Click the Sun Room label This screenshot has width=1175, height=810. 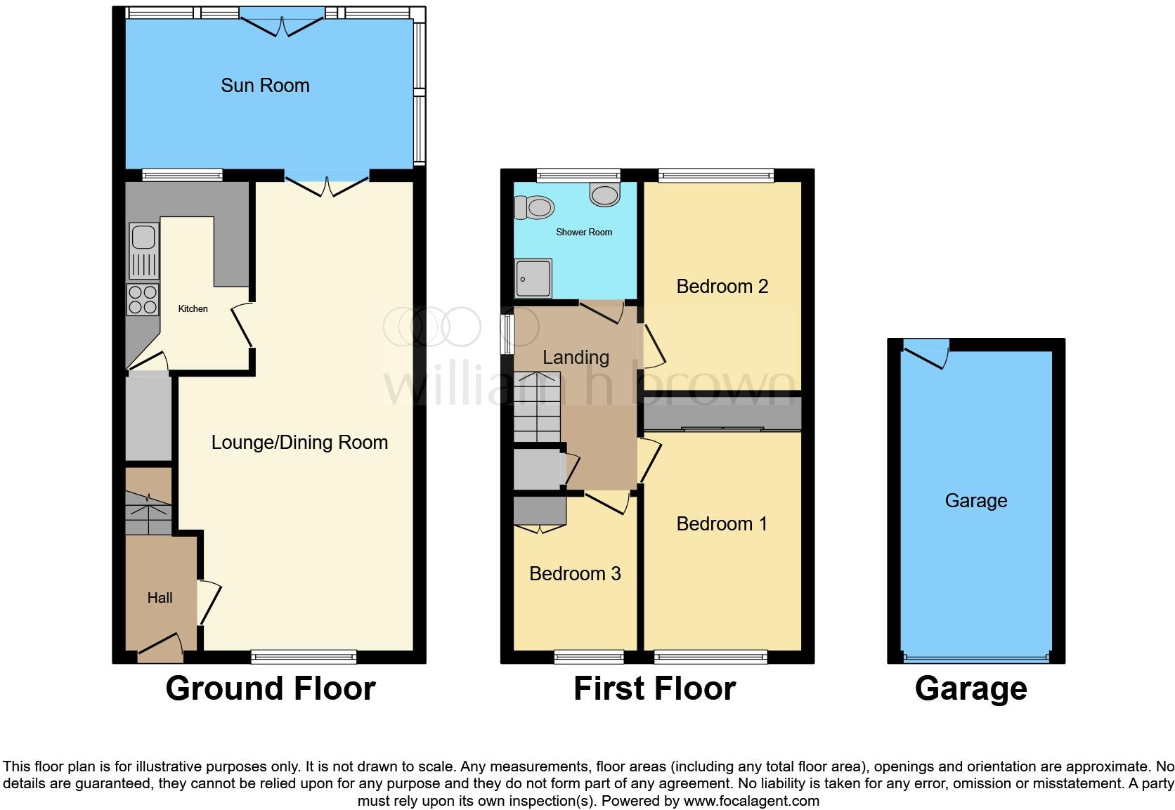click(x=265, y=86)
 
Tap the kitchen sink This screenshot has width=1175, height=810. click(x=143, y=237)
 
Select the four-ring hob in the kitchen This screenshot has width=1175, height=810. click(x=143, y=300)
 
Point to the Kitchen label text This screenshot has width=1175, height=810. click(x=193, y=308)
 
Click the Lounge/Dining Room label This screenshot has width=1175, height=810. click(x=299, y=443)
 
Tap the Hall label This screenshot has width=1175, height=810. click(x=160, y=598)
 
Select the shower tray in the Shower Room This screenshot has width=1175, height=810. click(x=533, y=278)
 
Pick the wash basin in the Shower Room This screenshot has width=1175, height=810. click(x=605, y=195)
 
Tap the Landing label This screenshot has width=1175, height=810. click(x=576, y=358)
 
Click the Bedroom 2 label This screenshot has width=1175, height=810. click(x=722, y=287)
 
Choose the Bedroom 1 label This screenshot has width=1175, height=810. click(x=722, y=524)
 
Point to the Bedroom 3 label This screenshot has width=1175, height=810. click(x=575, y=574)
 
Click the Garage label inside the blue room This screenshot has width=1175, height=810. click(x=975, y=501)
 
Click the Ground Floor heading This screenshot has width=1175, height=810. click(x=270, y=688)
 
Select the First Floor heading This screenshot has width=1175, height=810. click(x=654, y=688)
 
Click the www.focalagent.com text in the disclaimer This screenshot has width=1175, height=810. click(x=751, y=801)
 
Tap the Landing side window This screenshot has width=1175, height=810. click(x=507, y=334)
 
